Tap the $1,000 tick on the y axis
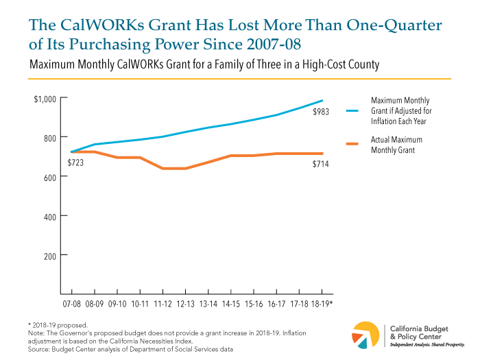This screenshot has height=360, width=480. pyautogui.click(x=45, y=99)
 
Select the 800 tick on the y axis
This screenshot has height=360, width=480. pyautogui.click(x=51, y=138)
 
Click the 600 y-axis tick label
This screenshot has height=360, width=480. pyautogui.click(x=51, y=177)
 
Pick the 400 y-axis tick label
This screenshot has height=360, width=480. pyautogui.click(x=51, y=216)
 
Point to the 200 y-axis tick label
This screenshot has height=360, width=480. pyautogui.click(x=51, y=255)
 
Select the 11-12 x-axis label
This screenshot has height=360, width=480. pyautogui.click(x=162, y=302)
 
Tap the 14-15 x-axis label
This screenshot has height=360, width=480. pyautogui.click(x=230, y=302)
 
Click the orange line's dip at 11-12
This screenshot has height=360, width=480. pyautogui.click(x=162, y=168)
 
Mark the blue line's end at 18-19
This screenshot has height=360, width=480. pyautogui.click(x=322, y=101)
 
